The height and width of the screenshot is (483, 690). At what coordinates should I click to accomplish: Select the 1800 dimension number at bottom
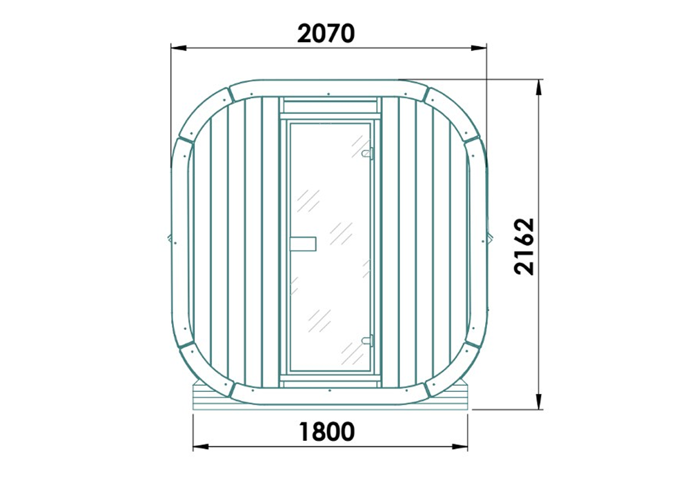click(x=327, y=432)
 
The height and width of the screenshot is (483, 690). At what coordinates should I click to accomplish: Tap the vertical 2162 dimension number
click(x=525, y=246)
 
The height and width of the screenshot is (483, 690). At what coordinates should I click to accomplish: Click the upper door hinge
click(x=368, y=152)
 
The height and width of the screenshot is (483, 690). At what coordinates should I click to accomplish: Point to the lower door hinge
click(x=368, y=339)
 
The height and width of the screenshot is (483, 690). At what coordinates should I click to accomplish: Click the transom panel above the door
click(x=330, y=106)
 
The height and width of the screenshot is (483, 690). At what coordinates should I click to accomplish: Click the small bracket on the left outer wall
click(x=170, y=239)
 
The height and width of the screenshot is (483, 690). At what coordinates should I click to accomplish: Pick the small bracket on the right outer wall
click(x=489, y=237)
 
